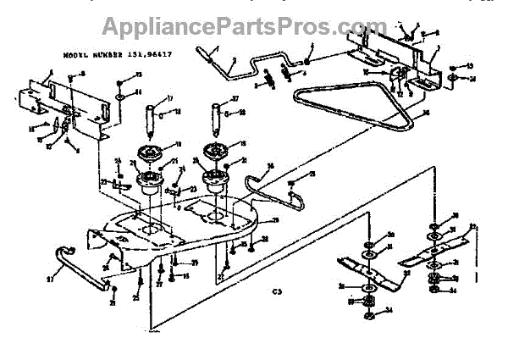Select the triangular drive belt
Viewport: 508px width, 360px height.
[356, 106]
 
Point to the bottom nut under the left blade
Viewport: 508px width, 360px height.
[369, 317]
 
